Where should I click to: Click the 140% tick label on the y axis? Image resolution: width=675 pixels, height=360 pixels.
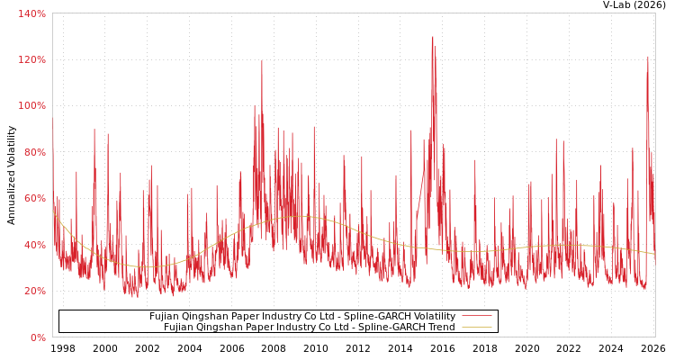(x=32, y=13)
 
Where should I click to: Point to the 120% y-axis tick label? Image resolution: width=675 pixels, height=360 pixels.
(x=32, y=59)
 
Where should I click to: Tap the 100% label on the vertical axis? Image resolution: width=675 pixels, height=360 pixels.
(x=32, y=106)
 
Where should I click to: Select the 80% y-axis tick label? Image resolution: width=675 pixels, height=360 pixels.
(x=34, y=152)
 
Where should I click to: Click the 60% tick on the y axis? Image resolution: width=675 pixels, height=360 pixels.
(x=34, y=198)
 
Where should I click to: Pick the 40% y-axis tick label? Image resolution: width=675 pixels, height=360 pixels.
(x=34, y=245)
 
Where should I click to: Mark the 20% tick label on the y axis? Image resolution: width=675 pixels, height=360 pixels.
(x=34, y=291)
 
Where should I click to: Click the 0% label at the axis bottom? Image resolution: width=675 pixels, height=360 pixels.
(x=38, y=337)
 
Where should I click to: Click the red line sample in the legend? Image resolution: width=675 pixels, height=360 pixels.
(x=476, y=317)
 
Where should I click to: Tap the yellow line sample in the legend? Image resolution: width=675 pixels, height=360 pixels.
(x=476, y=328)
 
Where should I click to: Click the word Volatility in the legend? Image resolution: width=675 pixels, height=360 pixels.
(x=433, y=317)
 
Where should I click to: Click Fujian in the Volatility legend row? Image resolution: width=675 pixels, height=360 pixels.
(x=164, y=317)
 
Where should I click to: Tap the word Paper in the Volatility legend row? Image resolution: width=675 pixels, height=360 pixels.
(x=248, y=317)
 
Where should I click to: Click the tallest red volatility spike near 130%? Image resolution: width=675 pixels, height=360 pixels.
(x=432, y=38)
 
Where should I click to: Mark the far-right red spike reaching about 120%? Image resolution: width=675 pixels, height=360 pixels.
(x=647, y=58)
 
